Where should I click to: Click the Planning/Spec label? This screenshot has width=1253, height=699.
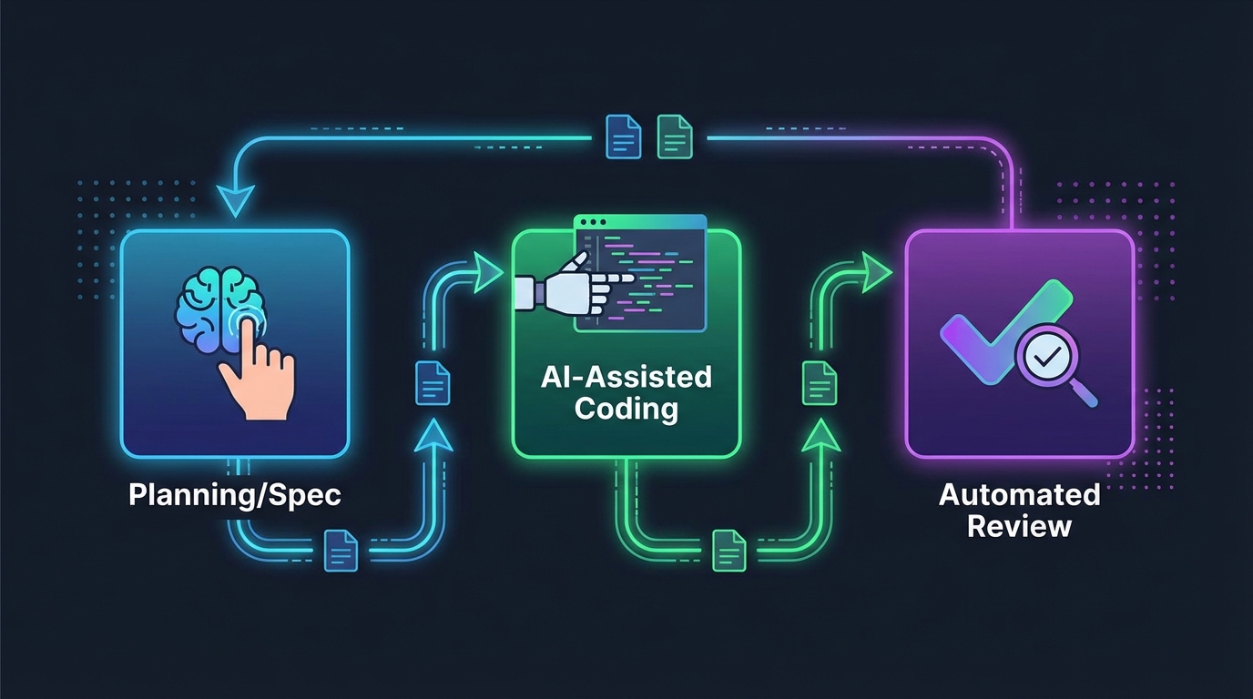tap(235, 495)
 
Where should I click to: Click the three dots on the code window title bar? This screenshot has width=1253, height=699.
tap(591, 223)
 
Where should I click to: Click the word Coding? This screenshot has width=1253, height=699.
tap(626, 408)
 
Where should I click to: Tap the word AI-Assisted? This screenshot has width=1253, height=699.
tap(626, 377)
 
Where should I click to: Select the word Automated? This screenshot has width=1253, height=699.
tap(1019, 495)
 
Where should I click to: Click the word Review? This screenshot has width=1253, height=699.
tap(1019, 526)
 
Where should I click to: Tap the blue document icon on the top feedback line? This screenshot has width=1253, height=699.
tap(624, 137)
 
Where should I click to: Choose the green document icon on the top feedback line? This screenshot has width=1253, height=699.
tap(675, 137)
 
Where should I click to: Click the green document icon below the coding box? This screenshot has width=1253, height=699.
tap(728, 550)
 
